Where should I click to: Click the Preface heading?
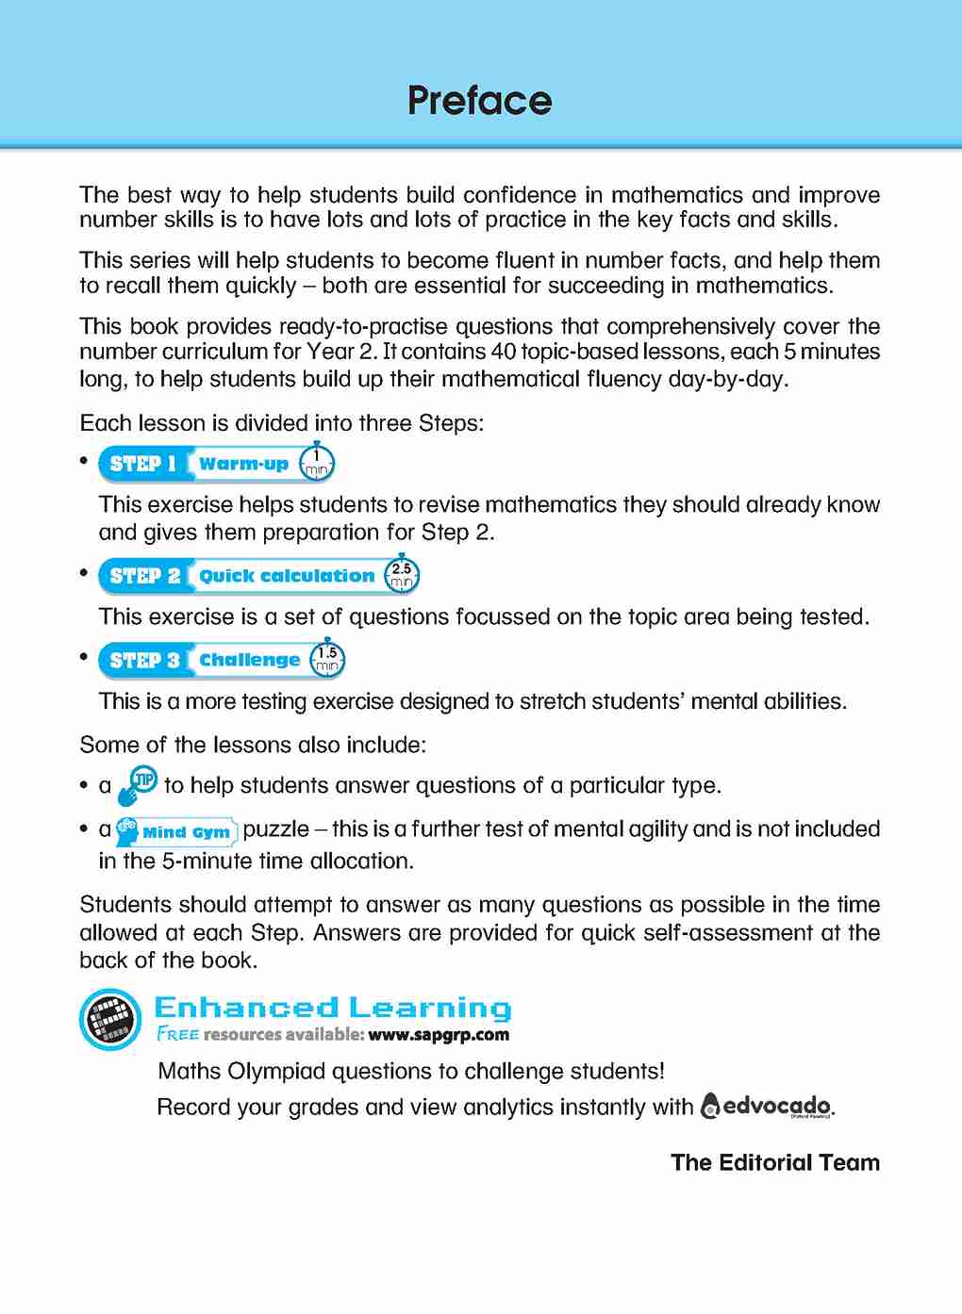tap(479, 101)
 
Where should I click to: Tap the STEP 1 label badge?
tap(143, 464)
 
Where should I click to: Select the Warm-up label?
tap(243, 464)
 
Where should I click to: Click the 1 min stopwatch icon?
tap(316, 462)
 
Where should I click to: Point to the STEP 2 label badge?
tap(144, 576)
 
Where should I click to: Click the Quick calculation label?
tap(287, 576)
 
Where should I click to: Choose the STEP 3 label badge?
tap(144, 660)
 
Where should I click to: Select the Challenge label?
tap(249, 660)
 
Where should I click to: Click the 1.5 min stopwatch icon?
tap(327, 659)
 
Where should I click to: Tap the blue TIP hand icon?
tap(138, 785)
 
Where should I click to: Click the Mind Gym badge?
tap(176, 831)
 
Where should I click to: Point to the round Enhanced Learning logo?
tap(109, 1019)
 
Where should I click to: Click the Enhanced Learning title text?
tap(333, 1008)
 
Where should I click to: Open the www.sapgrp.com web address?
tap(439, 1035)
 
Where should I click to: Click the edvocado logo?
tap(767, 1106)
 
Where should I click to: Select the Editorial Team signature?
tap(775, 1162)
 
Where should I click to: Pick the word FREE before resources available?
tap(178, 1034)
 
